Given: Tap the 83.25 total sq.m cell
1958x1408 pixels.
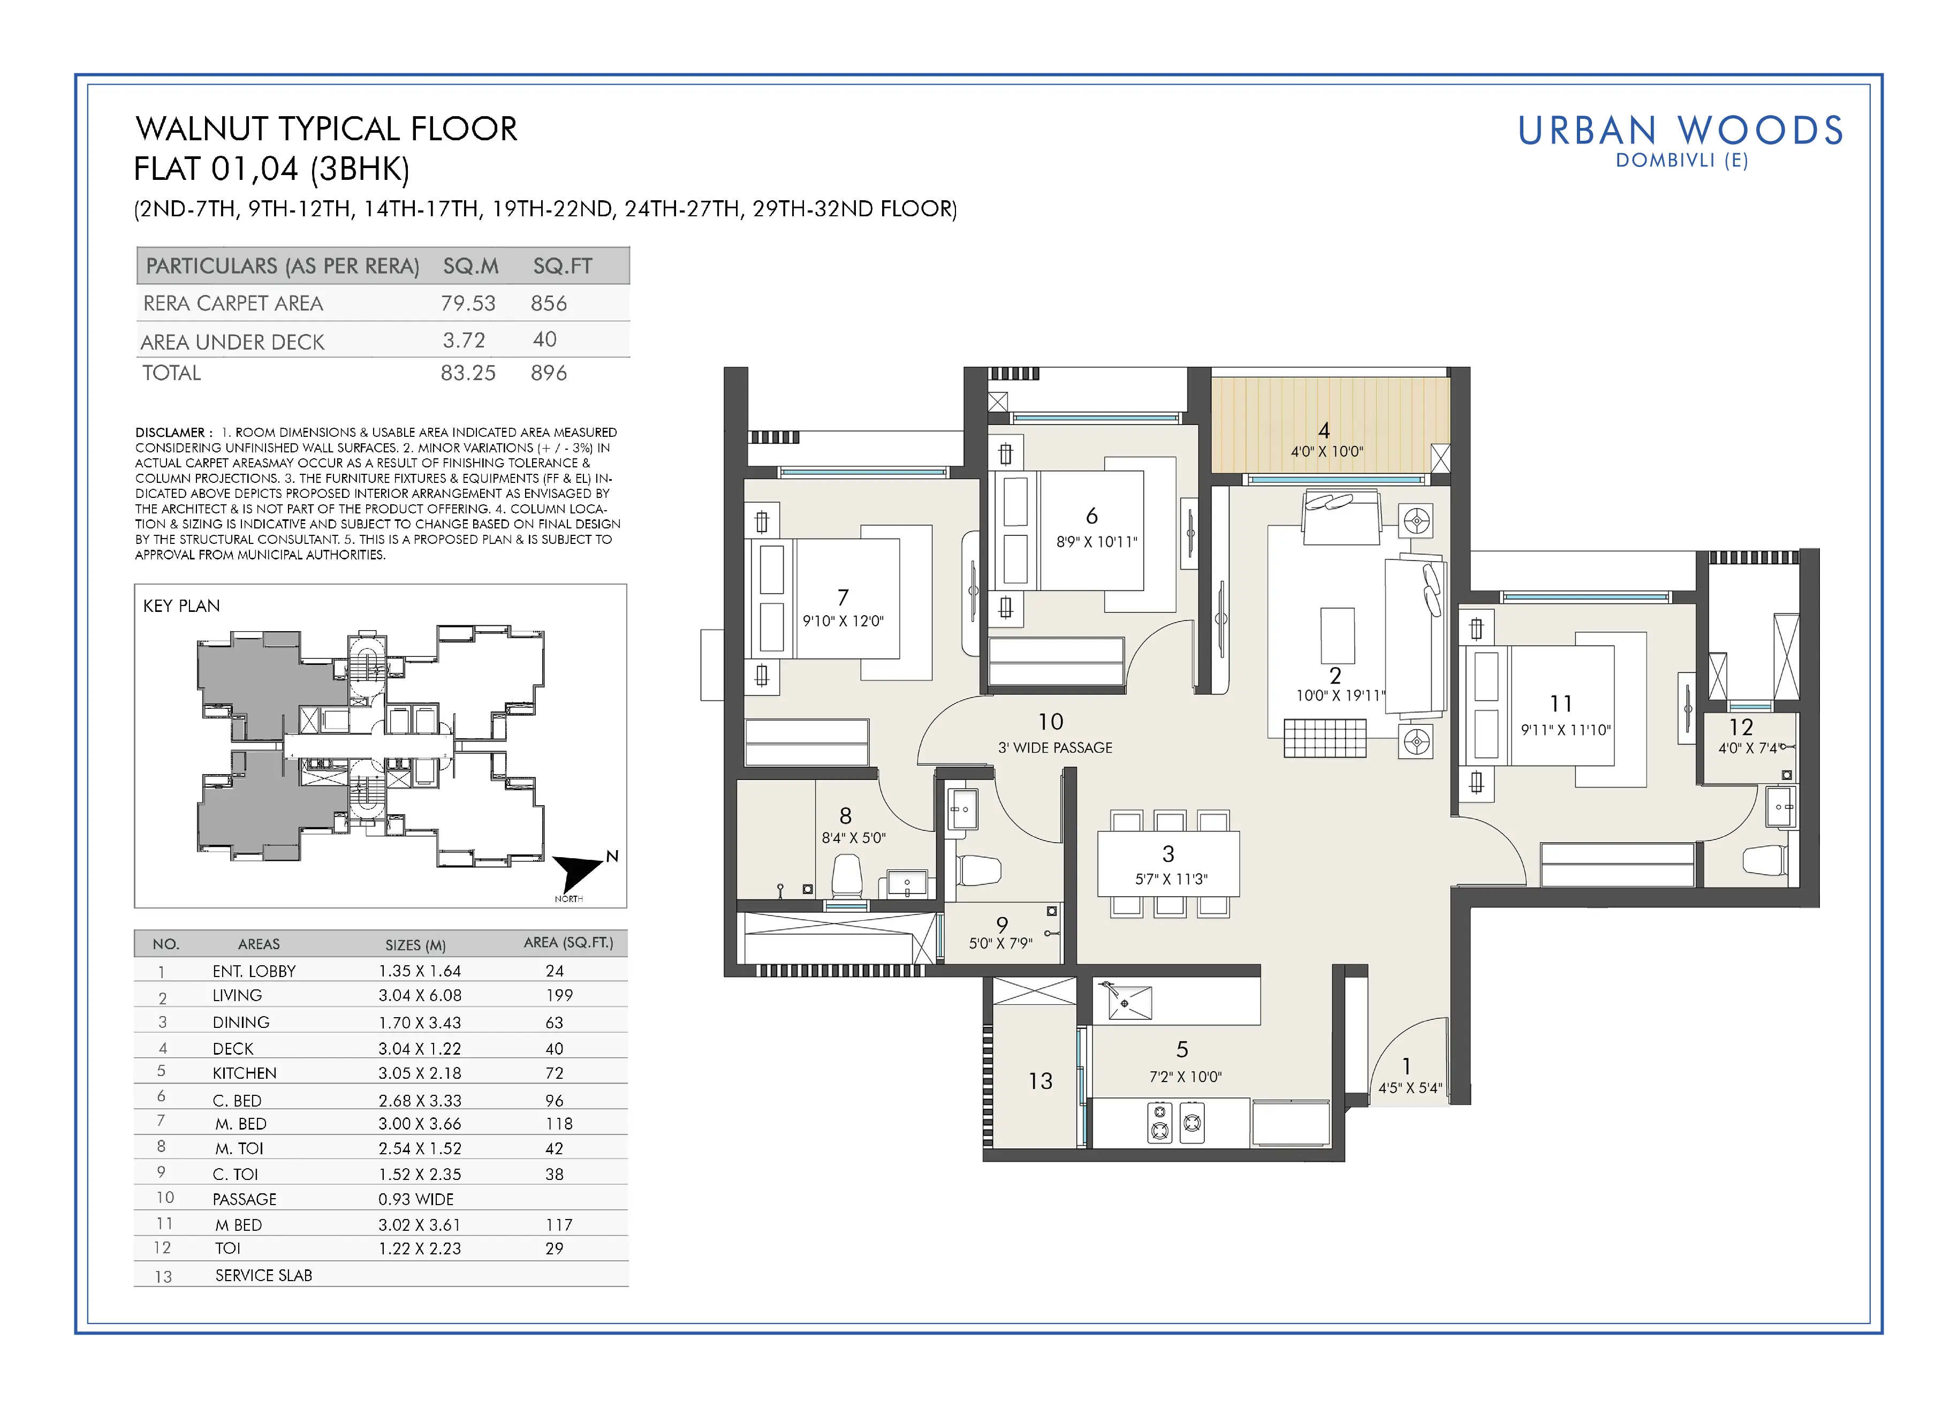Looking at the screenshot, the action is [468, 373].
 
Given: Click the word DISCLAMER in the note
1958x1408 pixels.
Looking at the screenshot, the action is [170, 433].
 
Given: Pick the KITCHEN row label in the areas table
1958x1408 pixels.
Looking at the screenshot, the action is [244, 1073].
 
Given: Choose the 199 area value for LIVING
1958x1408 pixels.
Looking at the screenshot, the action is [559, 995].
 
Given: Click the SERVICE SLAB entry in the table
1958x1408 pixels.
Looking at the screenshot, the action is [263, 1275].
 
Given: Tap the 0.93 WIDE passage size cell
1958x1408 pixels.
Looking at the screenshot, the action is [415, 1199].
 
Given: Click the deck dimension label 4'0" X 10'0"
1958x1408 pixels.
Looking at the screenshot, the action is [1327, 451].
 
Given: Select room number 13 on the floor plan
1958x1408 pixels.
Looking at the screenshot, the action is [1041, 1081].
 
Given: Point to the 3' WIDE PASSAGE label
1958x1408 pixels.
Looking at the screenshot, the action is [1055, 747].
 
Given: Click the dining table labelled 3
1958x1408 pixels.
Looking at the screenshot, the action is [1168, 864].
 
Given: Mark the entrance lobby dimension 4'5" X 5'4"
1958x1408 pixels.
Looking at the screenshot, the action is [1410, 1088].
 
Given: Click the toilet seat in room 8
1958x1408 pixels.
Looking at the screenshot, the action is [847, 876].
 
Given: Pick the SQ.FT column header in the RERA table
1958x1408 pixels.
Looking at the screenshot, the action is [562, 266].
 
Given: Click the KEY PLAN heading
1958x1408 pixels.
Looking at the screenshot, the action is [181, 606].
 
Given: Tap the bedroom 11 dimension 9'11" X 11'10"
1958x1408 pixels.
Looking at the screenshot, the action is [1565, 730].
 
